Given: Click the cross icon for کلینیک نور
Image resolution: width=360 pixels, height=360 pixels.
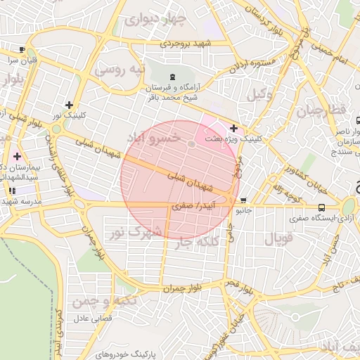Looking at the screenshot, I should pyautogui.click(x=69, y=104).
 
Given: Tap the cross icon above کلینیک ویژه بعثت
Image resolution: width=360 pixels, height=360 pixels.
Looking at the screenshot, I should pyautogui.click(x=233, y=128).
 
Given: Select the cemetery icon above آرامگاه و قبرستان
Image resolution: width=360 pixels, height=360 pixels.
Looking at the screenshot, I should pyautogui.click(x=173, y=77).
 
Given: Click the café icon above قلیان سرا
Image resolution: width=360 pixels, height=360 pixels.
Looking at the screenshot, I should pyautogui.click(x=22, y=49).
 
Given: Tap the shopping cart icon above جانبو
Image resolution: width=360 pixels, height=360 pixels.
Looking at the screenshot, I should pyautogui.click(x=243, y=200).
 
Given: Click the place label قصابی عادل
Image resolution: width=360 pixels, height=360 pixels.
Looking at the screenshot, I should pyautogui.click(x=91, y=319).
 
